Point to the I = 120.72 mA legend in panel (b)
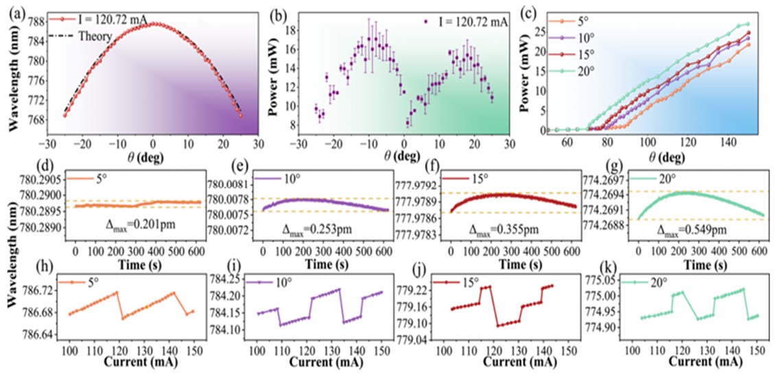467,22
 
